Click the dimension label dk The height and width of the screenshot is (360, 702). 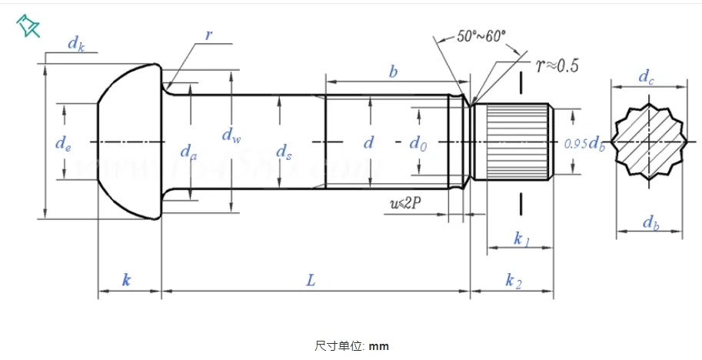tap(75, 44)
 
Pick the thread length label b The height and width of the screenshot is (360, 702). tap(393, 72)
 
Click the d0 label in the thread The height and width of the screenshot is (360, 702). tap(418, 142)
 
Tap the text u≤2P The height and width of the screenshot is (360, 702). tap(406, 203)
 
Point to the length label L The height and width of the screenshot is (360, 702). tap(311, 281)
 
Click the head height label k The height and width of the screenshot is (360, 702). tap(127, 281)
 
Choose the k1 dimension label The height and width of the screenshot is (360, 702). tap(521, 241)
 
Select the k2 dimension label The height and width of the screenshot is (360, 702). tap(514, 282)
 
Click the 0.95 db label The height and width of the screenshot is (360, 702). tap(584, 143)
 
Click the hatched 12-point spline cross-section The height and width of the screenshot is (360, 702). tap(647, 143)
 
